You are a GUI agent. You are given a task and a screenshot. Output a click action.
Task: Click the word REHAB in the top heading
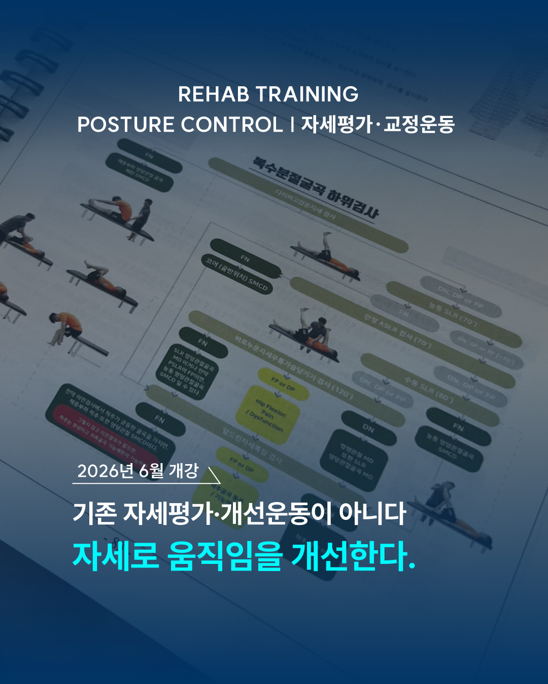tap(214, 94)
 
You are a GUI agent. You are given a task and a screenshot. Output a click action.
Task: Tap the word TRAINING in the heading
tap(307, 94)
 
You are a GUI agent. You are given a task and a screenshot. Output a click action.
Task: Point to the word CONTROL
tap(231, 125)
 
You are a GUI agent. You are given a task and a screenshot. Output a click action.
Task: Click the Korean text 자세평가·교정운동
tap(378, 125)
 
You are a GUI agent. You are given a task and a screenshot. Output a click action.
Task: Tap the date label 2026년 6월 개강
tap(138, 471)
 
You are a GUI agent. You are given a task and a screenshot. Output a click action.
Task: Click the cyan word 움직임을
tap(225, 556)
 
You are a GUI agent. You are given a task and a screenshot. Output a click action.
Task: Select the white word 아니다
tap(372, 513)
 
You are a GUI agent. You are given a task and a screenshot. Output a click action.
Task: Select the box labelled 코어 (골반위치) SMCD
tap(236, 275)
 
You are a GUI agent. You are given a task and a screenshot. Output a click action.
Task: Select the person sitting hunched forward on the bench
tap(66, 329)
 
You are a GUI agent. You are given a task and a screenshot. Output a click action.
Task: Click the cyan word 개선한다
tap(353, 556)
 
